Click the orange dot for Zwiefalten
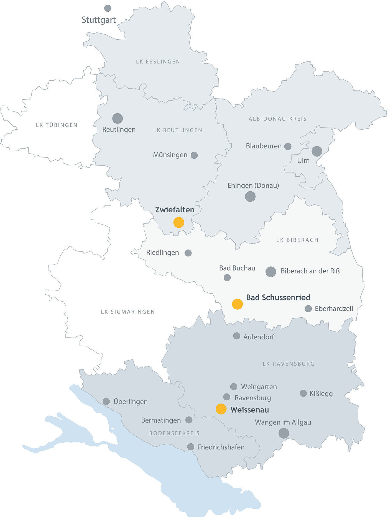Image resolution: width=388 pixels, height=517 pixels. point(179,222)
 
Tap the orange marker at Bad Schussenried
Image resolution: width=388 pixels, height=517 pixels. point(237,304)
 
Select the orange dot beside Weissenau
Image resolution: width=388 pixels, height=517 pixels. point(221,409)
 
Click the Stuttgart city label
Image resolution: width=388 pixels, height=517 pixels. point(99,20)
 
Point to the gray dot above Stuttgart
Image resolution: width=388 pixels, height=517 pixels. point(108,8)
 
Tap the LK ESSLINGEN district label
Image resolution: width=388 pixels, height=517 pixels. point(158,61)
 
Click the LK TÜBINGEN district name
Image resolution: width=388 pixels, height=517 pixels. point(57,125)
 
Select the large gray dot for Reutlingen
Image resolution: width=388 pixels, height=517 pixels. point(118,119)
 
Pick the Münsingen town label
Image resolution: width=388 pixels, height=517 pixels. point(170,155)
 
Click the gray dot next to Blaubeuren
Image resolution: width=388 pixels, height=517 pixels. point(288,146)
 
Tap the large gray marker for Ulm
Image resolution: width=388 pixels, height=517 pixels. point(317,151)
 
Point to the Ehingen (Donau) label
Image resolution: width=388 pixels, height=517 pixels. point(253,186)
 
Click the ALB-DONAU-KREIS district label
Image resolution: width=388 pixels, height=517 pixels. point(277,119)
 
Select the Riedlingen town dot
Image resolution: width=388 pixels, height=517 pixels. point(188,253)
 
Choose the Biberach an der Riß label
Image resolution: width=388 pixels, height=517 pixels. point(310,271)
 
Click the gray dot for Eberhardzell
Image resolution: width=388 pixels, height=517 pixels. point(308,308)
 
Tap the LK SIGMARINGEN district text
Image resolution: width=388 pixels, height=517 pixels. point(128,312)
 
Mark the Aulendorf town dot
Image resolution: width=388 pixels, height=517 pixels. point(237,336)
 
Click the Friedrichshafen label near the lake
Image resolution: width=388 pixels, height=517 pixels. point(221,447)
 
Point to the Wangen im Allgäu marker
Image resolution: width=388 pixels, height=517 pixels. point(284,433)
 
